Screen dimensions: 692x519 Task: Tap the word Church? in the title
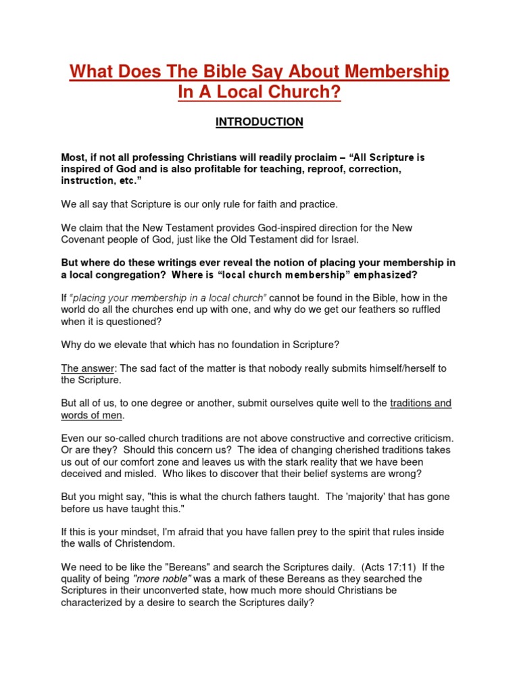(x=299, y=93)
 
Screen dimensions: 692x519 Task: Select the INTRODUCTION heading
(x=259, y=122)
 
